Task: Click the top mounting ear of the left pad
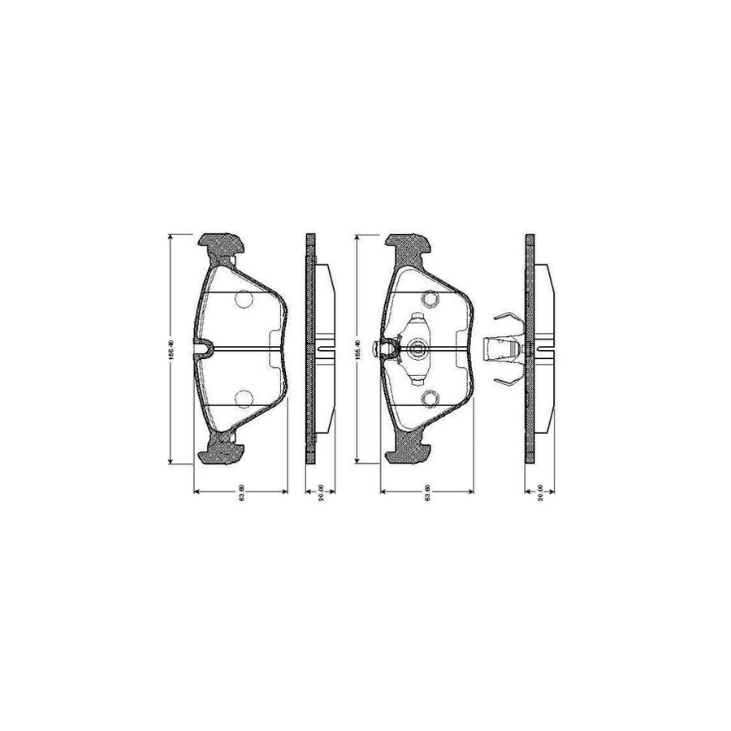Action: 222,241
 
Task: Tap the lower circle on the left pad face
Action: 244,397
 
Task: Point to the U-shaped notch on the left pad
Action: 204,349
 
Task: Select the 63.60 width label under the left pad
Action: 242,496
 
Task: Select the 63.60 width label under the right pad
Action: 427,496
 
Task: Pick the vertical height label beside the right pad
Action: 357,349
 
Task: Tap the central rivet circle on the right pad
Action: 418,350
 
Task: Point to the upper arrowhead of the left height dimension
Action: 170,236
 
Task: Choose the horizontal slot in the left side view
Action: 324,350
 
